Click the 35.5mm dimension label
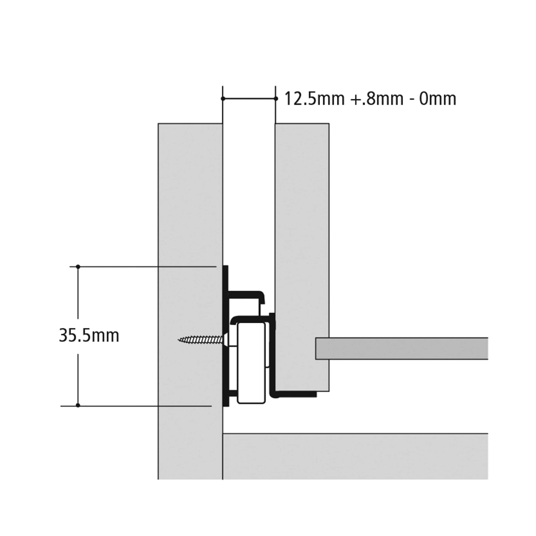[x=89, y=336]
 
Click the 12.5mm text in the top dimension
[x=314, y=99]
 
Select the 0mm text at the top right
[x=437, y=99]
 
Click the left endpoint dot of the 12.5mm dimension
[x=223, y=99]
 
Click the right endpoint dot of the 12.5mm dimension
[x=275, y=99]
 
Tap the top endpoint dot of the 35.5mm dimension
[x=78, y=267]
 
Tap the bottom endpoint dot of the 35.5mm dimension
[x=78, y=405]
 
